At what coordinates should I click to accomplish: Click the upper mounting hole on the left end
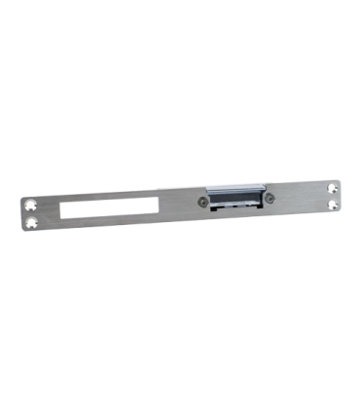(30, 206)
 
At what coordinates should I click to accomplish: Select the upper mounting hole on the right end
(333, 187)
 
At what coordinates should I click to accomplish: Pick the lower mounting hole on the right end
(335, 204)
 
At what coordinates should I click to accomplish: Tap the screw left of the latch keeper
(201, 203)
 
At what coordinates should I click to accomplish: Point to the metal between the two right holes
(334, 196)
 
